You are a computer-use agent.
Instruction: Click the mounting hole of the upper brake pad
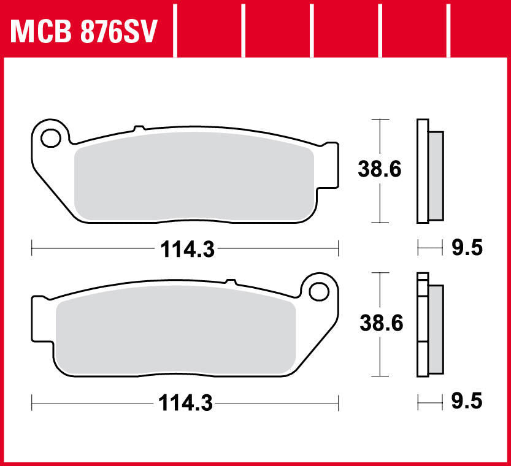point(50,137)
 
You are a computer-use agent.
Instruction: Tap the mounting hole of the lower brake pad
point(318,291)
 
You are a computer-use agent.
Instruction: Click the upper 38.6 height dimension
point(380,169)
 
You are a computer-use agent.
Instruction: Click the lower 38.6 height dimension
point(380,323)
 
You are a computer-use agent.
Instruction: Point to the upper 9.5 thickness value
point(466,248)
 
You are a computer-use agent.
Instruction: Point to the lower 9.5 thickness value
point(466,402)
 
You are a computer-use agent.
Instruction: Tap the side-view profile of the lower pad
point(429,324)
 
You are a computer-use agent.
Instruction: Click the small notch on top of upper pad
point(139,129)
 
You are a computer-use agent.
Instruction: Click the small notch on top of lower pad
point(230,282)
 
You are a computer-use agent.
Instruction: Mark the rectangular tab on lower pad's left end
point(39,318)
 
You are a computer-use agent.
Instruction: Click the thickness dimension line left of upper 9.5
point(429,248)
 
